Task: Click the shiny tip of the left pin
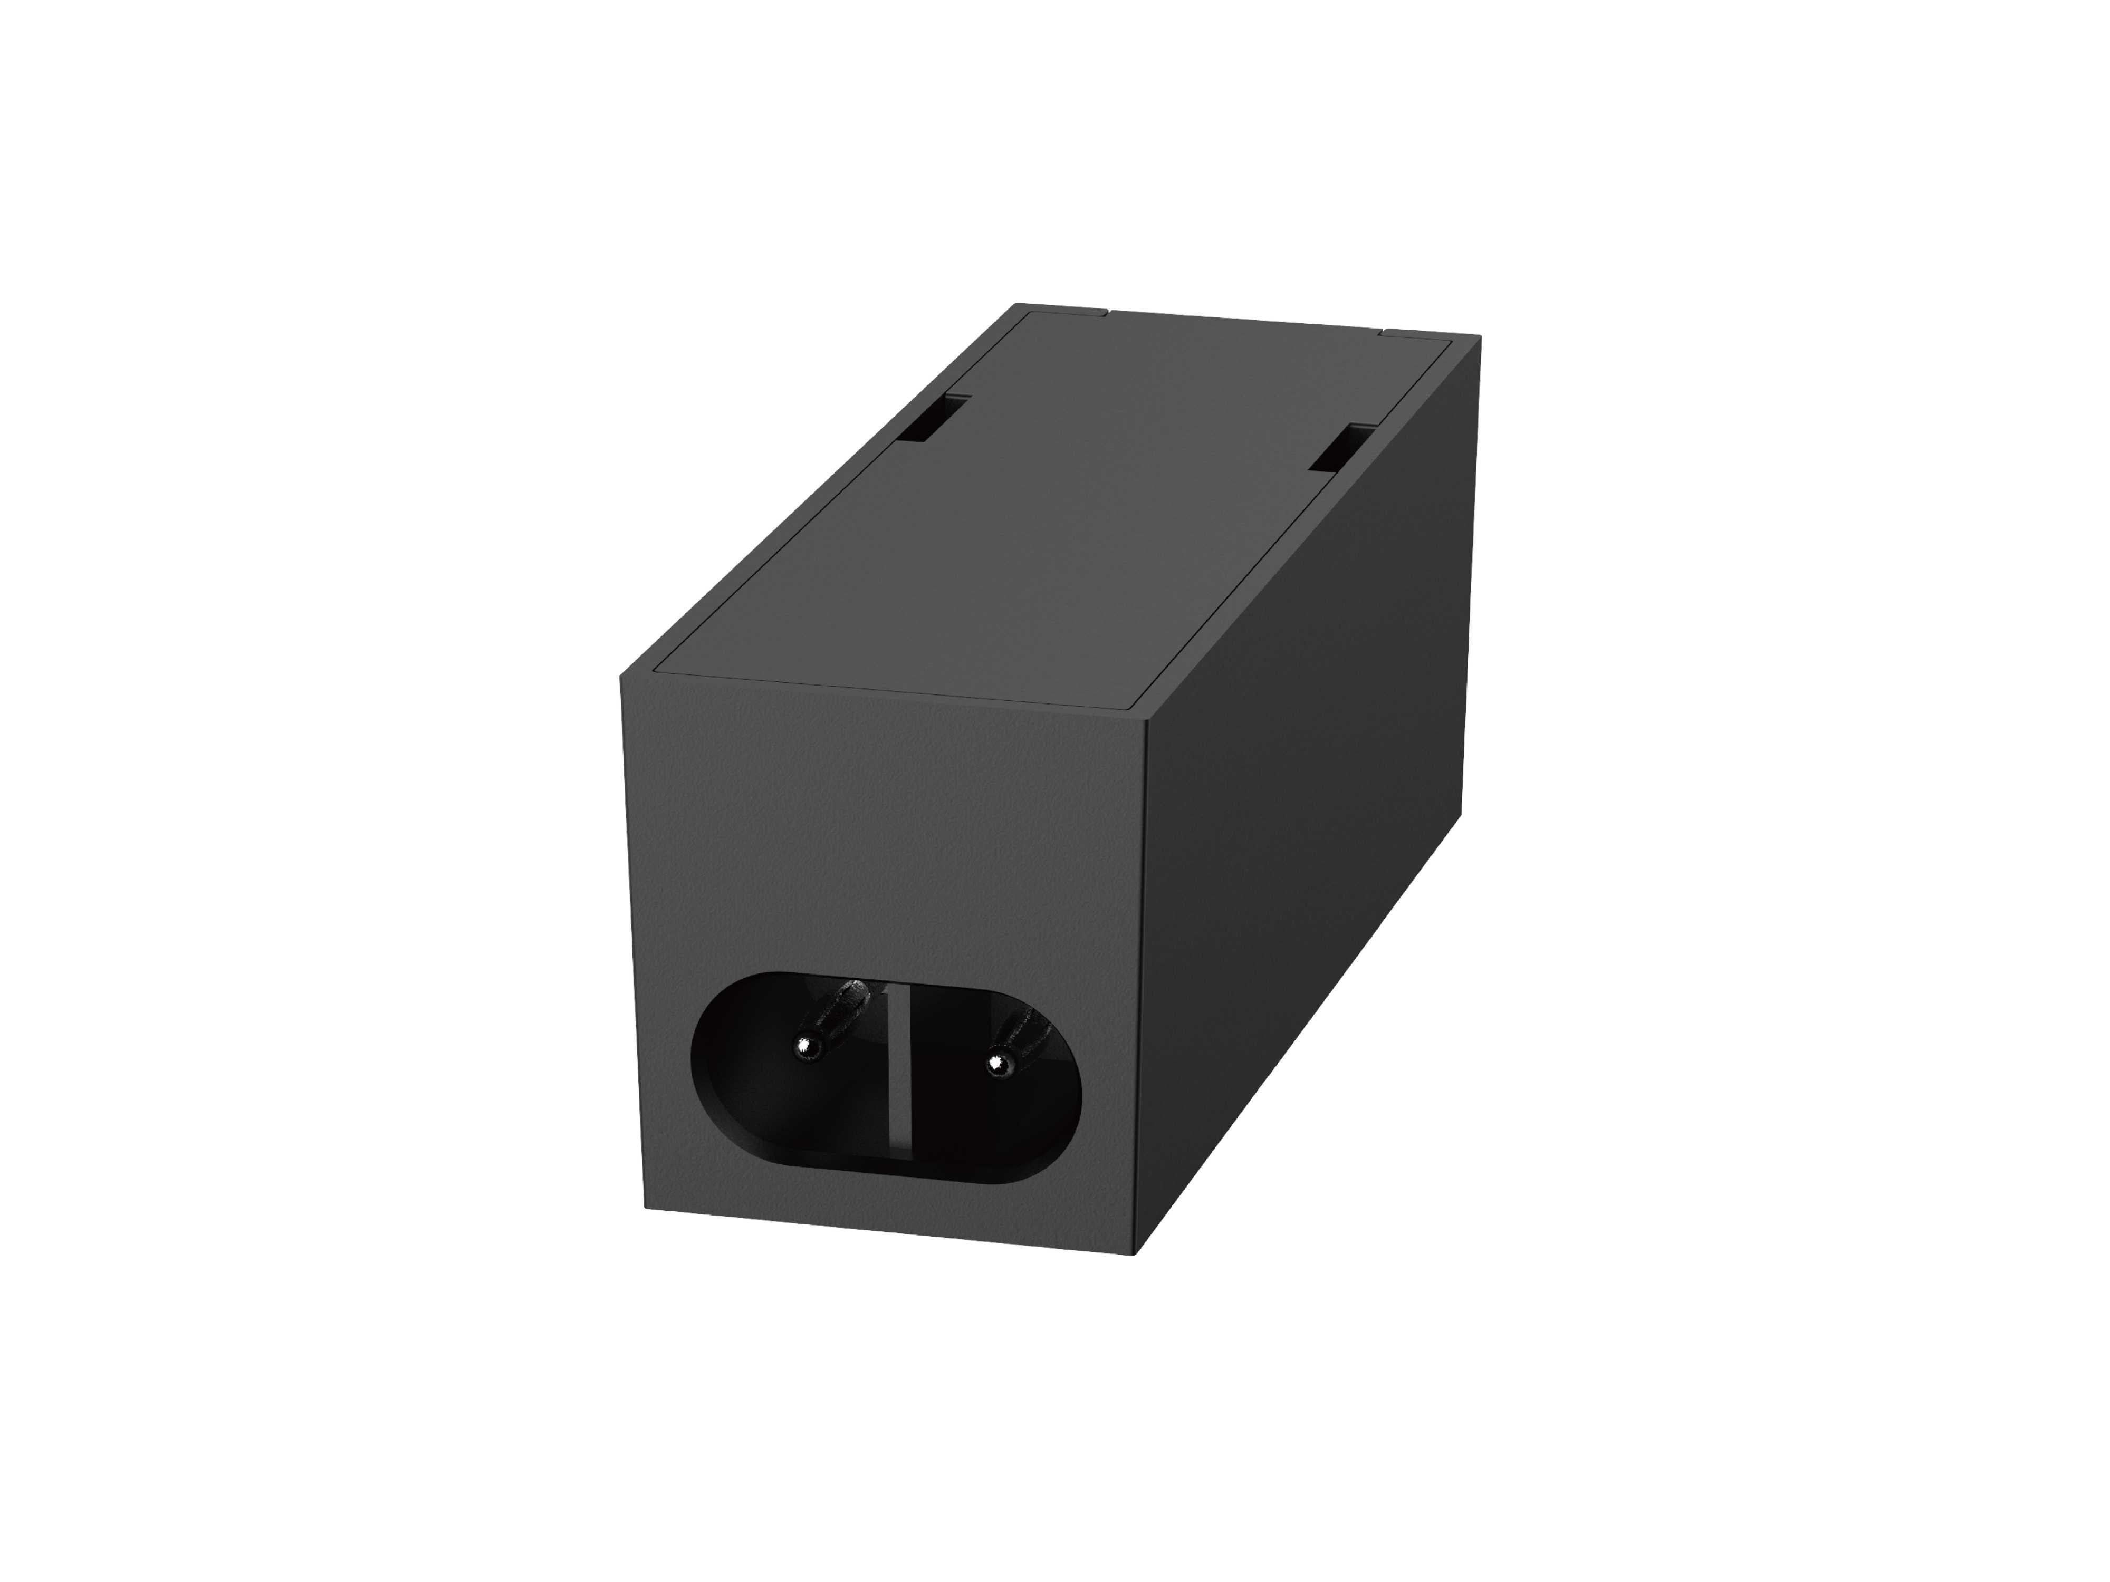point(809,1049)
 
